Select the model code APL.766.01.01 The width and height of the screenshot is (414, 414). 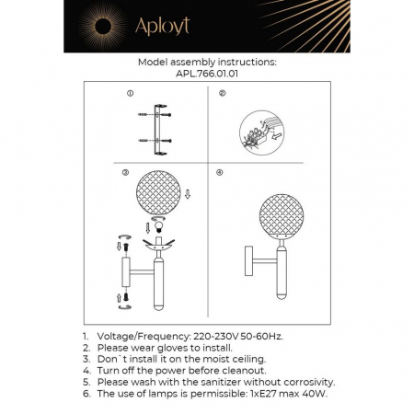tap(206, 75)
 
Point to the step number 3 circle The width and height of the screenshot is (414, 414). tap(125, 173)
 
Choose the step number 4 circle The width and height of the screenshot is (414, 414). tap(220, 173)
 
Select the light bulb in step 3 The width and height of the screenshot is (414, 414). tap(156, 226)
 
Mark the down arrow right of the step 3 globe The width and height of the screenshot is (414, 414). tap(188, 194)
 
